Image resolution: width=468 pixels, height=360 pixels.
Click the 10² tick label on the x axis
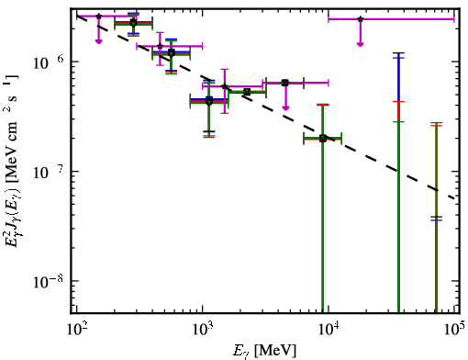pos(76,330)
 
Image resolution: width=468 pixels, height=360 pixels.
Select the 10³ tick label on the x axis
pos(203,330)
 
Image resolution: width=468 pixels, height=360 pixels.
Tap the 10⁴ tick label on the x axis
pos(329,330)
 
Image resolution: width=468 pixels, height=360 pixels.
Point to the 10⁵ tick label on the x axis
pos(454,330)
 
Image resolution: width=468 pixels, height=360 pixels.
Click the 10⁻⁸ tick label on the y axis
pos(50,282)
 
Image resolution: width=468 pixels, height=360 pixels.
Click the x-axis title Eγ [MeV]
pos(264,351)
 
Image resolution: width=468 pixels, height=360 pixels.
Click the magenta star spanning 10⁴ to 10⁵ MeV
pos(361,19)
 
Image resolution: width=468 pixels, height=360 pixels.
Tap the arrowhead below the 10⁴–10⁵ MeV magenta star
pos(361,44)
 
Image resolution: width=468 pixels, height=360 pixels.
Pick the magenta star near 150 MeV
pos(98,16)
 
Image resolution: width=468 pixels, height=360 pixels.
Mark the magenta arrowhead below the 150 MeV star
pos(98,41)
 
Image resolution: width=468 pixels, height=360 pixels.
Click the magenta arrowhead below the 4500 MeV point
pos(285,107)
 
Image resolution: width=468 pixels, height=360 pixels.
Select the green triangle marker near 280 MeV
pos(133,23)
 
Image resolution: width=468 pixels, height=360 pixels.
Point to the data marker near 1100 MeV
pos(209,101)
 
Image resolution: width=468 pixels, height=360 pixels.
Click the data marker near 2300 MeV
pos(247,92)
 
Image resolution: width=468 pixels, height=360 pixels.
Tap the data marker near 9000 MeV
pos(323,139)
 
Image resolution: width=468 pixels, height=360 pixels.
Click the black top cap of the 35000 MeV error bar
pos(398,53)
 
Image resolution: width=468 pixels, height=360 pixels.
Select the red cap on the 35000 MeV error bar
pos(398,101)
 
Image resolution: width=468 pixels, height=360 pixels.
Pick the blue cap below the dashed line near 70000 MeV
pos(436,220)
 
